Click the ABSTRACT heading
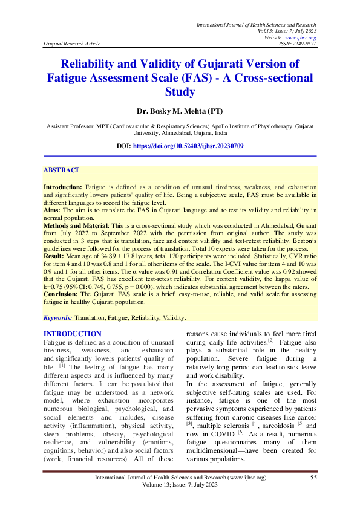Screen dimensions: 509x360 coord(61,171)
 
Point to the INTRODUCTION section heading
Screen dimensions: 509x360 coord(73,334)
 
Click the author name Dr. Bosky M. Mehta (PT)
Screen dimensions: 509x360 coord(180,112)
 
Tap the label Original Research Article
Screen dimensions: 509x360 coord(70,44)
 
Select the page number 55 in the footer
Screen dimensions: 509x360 coord(313,478)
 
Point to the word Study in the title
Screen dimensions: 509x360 coord(180,92)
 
